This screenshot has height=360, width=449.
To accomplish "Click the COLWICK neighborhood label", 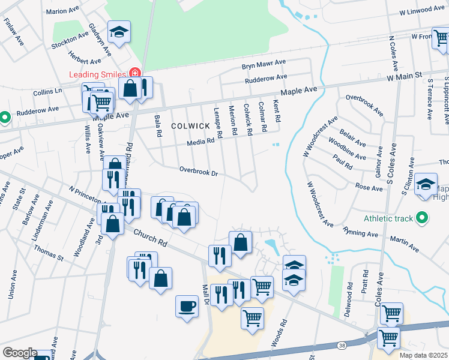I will tap(190, 126).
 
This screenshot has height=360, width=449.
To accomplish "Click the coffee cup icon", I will tap(187, 307).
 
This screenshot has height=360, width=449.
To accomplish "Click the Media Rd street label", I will tap(200, 142).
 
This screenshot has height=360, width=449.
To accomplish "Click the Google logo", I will tap(20, 353).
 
